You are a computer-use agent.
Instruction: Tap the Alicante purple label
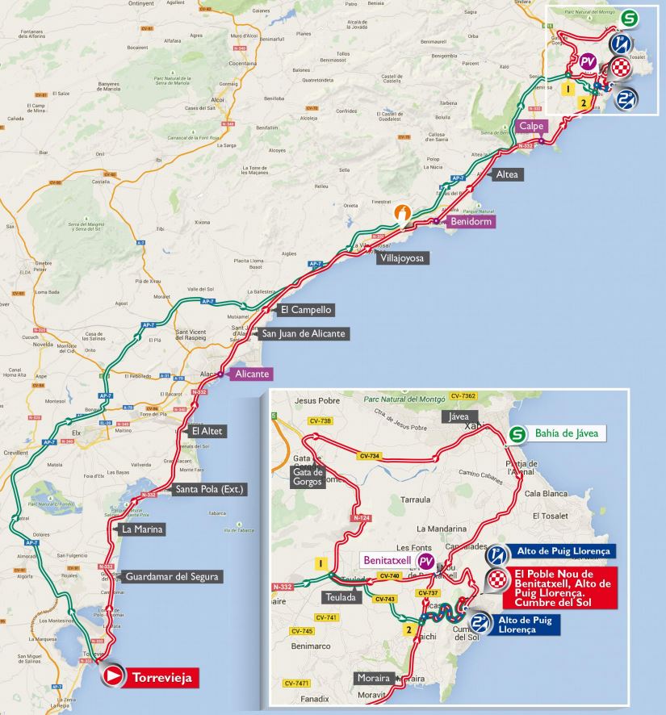coord(251,374)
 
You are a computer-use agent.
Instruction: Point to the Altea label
coord(508,174)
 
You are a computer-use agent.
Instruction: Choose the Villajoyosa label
coord(401,258)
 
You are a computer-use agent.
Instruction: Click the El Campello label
coord(305,309)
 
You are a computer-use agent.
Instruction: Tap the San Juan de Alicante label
coord(303,333)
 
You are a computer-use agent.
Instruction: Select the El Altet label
coord(207,431)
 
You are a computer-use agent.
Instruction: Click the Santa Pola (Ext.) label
coord(209,489)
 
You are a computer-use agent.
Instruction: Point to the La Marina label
coord(142,529)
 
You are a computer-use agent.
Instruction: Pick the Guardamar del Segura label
coord(172,576)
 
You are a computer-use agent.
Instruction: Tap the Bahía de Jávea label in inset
coord(566,434)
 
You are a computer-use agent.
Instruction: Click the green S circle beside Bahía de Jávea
coord(516,434)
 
